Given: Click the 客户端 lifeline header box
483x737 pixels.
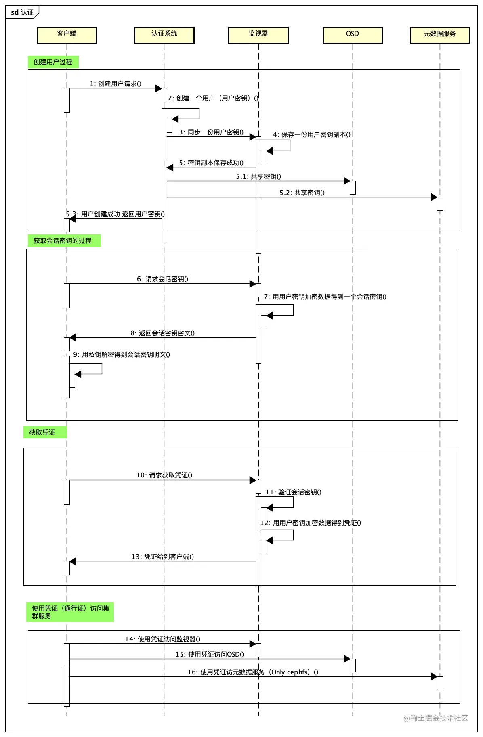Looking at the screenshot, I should (67, 35).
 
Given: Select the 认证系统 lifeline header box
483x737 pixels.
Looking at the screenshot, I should (164, 35).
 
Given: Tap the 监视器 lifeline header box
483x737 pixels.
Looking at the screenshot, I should (258, 35).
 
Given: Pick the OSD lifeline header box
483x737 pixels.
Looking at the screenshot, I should (353, 35).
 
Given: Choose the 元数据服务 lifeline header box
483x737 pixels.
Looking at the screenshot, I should (440, 35).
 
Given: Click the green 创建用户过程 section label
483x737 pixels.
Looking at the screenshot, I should (53, 62).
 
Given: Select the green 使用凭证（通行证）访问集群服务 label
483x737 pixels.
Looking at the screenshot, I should (70, 612).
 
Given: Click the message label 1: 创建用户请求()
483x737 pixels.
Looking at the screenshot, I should (115, 84).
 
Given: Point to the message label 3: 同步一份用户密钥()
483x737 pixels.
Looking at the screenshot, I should (211, 132).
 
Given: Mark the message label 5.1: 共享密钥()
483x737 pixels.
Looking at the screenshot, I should (258, 176).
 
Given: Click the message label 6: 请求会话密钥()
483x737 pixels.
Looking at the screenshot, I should (162, 279).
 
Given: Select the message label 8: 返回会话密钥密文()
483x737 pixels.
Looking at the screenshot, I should (162, 333).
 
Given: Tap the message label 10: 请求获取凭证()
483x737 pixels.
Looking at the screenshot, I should (164, 475).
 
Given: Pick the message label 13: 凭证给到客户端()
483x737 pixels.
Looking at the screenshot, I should (162, 557).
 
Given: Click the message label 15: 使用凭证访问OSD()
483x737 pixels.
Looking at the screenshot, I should (210, 654).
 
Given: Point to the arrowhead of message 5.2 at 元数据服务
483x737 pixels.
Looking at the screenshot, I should (434, 197).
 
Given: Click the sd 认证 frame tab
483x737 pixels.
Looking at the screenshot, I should (22, 12).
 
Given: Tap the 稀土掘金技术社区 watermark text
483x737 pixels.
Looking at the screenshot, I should (436, 718).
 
